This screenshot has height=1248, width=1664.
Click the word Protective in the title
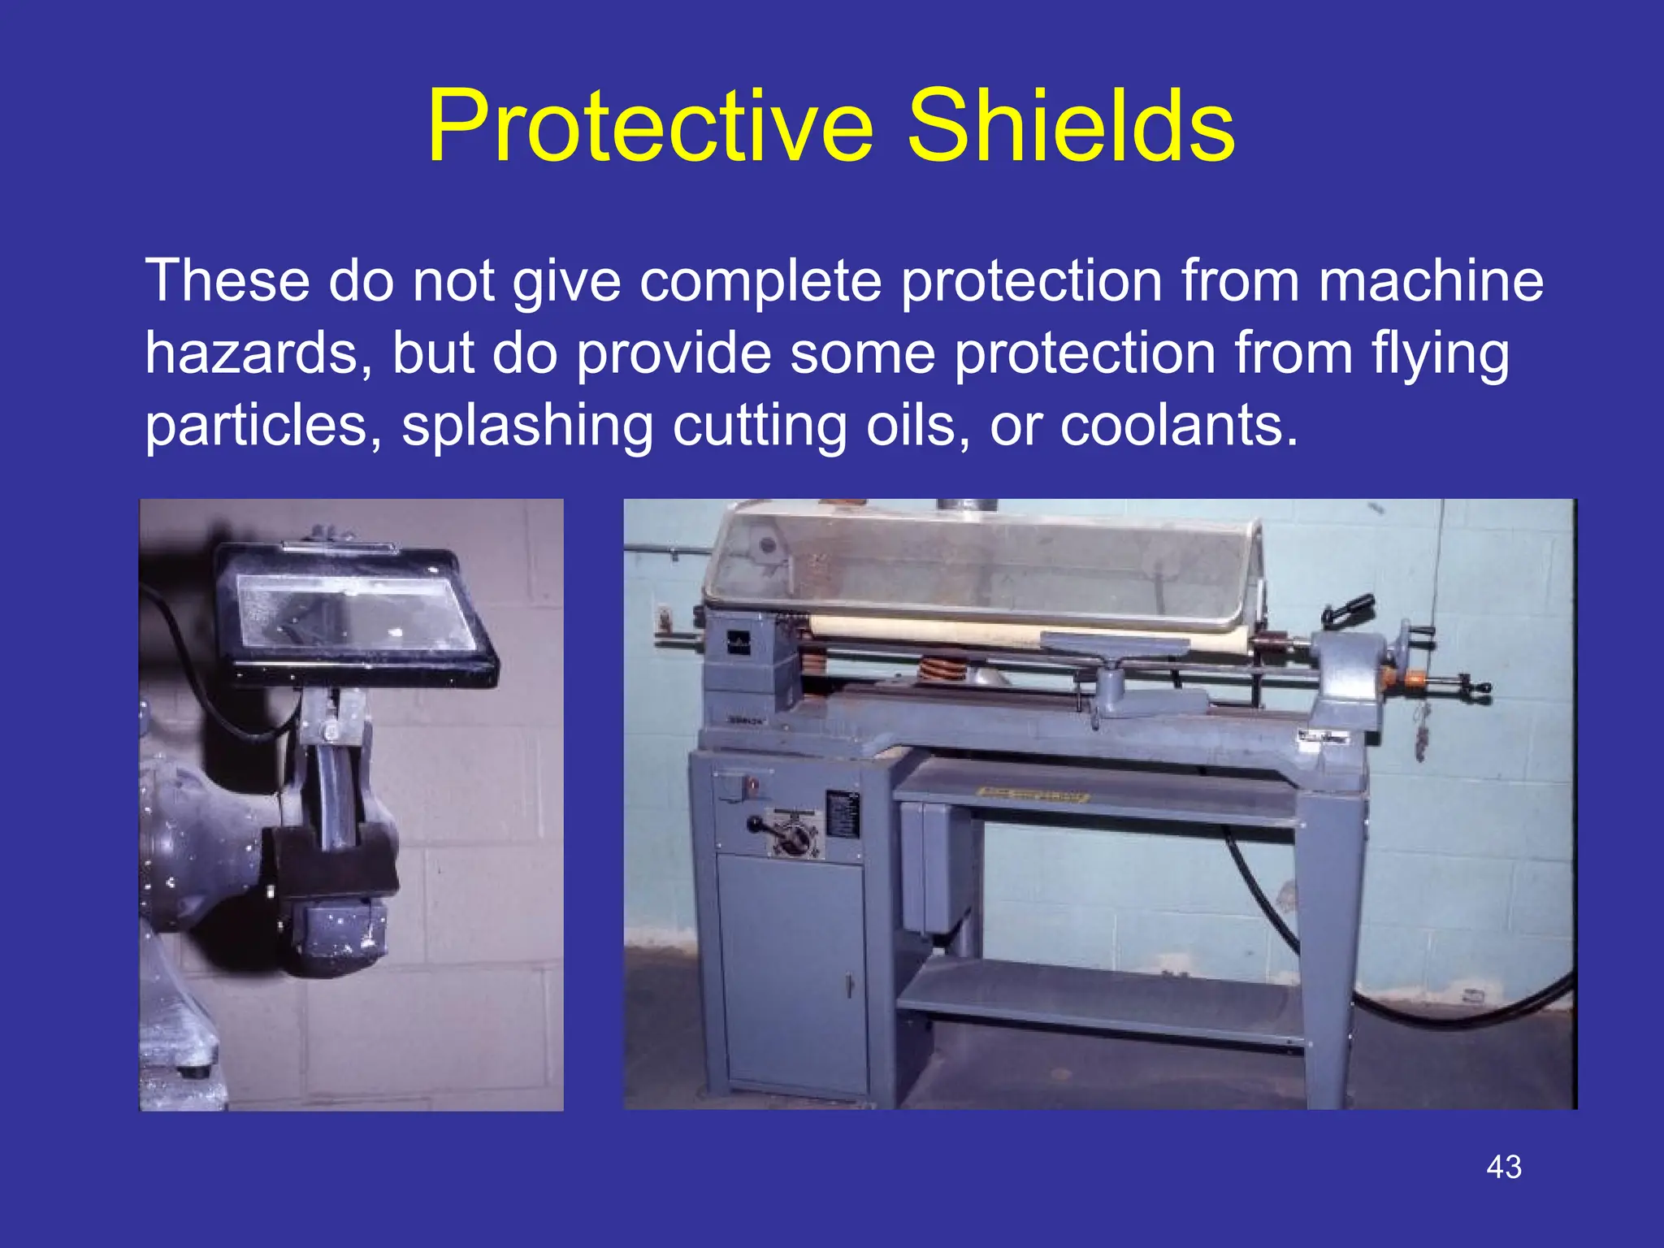click(649, 128)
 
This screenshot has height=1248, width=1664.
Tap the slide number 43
click(1503, 1168)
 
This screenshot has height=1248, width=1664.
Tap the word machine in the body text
click(1430, 281)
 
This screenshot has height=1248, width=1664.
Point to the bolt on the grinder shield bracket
click(330, 732)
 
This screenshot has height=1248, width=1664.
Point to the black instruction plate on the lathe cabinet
click(842, 813)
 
